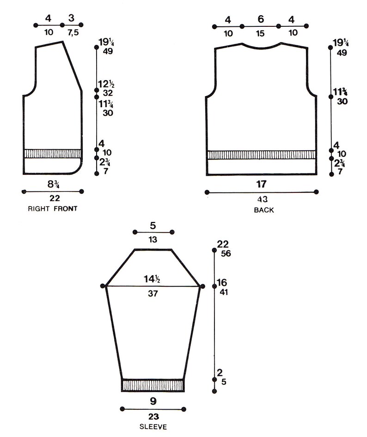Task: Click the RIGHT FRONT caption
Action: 52,209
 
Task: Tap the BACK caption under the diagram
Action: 263,210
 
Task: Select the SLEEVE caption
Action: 153,427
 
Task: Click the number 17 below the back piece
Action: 262,184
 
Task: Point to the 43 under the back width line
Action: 262,199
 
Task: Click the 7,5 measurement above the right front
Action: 73,33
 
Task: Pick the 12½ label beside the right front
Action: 106,84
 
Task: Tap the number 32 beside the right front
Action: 108,93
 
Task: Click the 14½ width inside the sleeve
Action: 152,279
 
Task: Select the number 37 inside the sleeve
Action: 153,293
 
